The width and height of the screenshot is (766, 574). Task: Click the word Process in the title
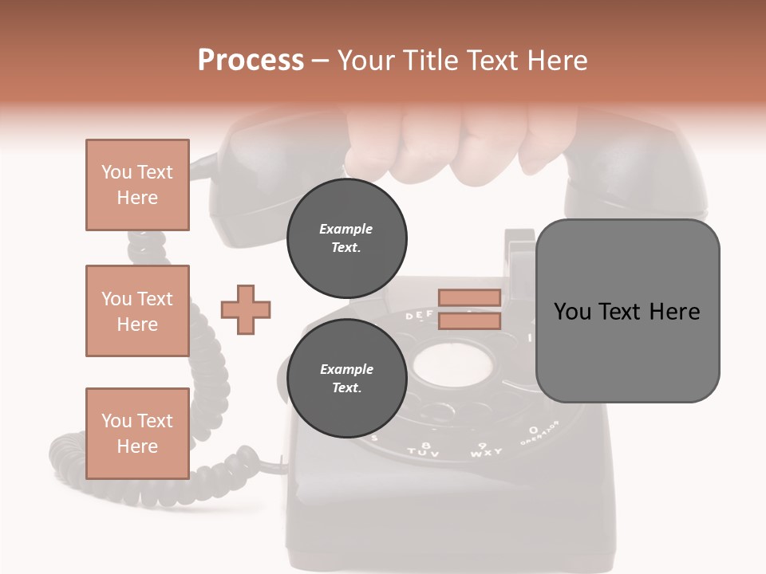tap(251, 61)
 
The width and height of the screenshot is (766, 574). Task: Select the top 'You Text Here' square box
tap(137, 185)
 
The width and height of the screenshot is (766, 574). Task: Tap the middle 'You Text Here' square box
tap(137, 311)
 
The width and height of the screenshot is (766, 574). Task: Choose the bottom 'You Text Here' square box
tap(137, 434)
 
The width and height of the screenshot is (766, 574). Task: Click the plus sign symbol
tap(245, 309)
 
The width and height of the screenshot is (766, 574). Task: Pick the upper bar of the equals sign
tap(469, 298)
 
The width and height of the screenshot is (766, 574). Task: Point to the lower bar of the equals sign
tap(469, 320)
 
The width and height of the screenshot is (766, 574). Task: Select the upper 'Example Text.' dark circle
tap(346, 238)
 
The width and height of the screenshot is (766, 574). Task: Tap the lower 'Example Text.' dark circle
tap(346, 378)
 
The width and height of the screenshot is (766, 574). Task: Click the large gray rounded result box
tap(627, 311)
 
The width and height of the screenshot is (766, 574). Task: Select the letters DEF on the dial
tap(420, 316)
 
